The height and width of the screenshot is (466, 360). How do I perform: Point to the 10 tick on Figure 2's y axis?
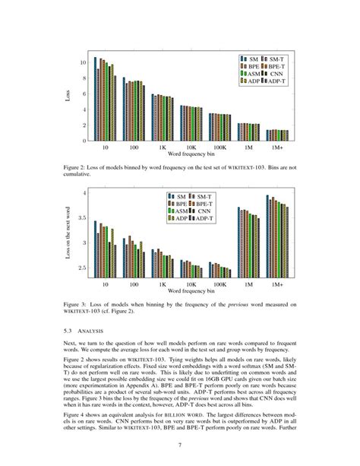[82, 62]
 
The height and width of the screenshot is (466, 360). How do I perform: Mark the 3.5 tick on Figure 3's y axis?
[81, 217]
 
